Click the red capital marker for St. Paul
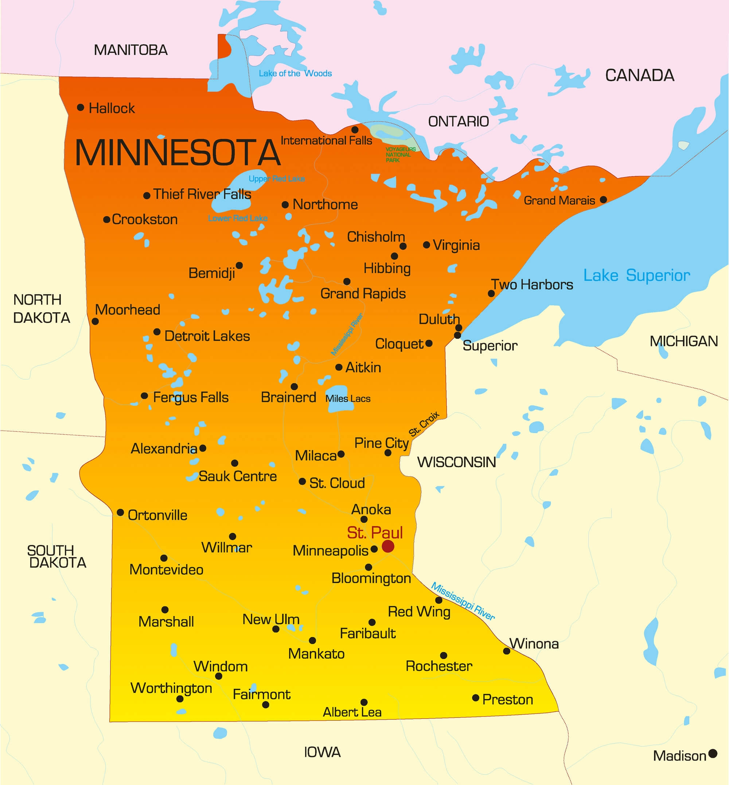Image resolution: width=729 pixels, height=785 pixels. pyautogui.click(x=388, y=546)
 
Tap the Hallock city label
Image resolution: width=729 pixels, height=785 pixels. pyautogui.click(x=112, y=108)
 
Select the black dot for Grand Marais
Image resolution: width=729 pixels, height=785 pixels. pyautogui.click(x=603, y=200)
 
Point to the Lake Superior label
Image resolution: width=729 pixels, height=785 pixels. pyautogui.click(x=636, y=275)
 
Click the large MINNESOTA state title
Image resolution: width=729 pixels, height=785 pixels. pyautogui.click(x=178, y=153)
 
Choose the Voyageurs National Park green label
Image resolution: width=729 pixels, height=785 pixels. pyautogui.click(x=400, y=154)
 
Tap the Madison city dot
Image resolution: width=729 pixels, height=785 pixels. pyautogui.click(x=713, y=753)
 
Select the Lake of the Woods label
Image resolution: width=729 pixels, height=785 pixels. pyautogui.click(x=295, y=73)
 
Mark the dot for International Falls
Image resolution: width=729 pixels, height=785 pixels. pyautogui.click(x=355, y=130)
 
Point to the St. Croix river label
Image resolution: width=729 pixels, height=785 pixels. pyautogui.click(x=424, y=424)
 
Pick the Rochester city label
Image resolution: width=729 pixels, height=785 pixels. pyautogui.click(x=438, y=666)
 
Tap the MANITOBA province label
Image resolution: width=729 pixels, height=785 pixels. pyautogui.click(x=130, y=50)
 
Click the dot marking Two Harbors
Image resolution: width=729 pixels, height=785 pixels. pyautogui.click(x=491, y=293)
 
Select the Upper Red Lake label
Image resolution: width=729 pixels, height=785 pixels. pyautogui.click(x=276, y=179)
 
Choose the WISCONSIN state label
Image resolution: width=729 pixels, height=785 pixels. pyautogui.click(x=456, y=462)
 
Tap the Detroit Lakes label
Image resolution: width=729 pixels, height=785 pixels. pyautogui.click(x=207, y=336)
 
